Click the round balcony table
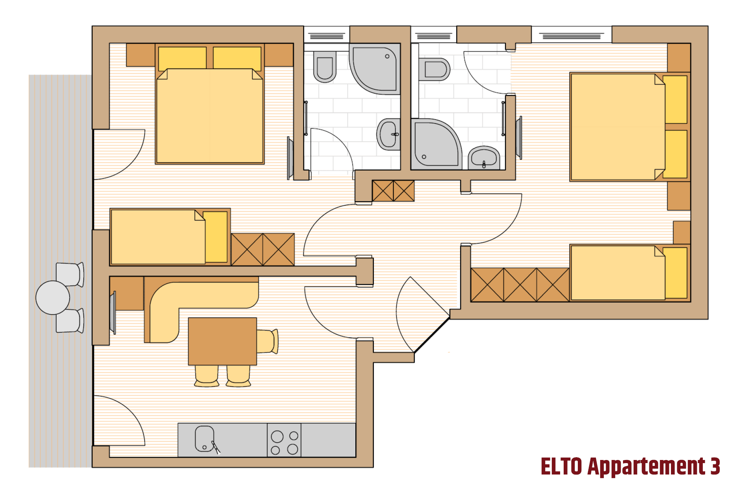click(53, 297)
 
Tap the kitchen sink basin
click(204, 439)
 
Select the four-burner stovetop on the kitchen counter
click(284, 440)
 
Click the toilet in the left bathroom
click(325, 67)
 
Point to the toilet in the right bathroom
click(434, 70)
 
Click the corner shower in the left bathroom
click(375, 69)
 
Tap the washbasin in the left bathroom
click(389, 134)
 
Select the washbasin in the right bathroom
click(484, 158)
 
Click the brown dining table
click(222, 341)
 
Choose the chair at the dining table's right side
click(268, 341)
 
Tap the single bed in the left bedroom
click(170, 237)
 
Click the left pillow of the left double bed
click(182, 58)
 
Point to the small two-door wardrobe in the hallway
click(393, 191)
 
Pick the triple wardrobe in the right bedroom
click(520, 285)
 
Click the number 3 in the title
click(715, 466)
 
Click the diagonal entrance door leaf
click(432, 334)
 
